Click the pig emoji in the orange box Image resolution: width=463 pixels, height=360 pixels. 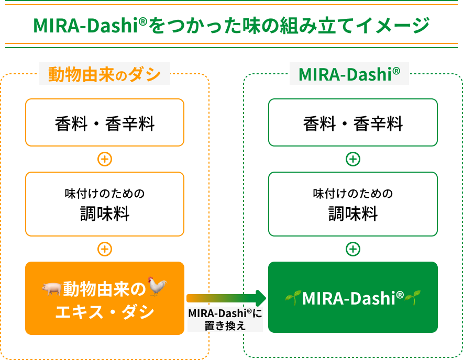pos(51,289)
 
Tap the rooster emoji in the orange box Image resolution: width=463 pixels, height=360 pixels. pos(157,286)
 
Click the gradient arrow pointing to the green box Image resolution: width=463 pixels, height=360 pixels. pos(226,298)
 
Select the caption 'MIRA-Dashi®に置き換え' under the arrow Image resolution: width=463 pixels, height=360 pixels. pos(225,319)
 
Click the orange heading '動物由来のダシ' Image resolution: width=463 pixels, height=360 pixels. pos(105,74)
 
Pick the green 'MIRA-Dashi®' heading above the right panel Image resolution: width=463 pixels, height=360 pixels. pos(349,74)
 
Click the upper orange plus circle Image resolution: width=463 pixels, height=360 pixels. pos(105,159)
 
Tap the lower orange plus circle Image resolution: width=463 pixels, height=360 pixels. pos(105,249)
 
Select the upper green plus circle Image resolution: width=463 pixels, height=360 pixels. pos(353,159)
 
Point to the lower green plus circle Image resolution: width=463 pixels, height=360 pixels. pos(353,249)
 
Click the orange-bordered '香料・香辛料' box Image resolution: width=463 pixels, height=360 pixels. pos(105,122)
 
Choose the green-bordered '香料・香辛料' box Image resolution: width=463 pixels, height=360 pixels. pos(353,122)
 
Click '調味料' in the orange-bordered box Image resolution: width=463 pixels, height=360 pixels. pos(105,213)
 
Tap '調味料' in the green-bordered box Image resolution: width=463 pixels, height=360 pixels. pos(353,213)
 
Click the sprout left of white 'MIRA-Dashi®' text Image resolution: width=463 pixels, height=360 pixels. pos(293,297)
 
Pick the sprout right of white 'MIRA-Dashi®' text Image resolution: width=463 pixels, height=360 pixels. pos(413,297)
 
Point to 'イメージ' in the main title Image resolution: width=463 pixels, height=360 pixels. pos(392,25)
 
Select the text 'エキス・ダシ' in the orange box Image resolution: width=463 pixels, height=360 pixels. pos(105,312)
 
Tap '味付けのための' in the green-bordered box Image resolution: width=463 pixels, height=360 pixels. pos(353,194)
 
